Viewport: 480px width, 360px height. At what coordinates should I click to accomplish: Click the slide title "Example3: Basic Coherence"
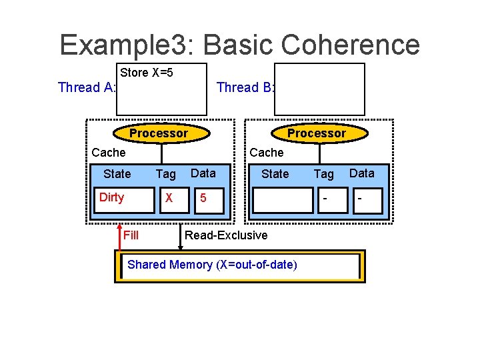pyautogui.click(x=239, y=45)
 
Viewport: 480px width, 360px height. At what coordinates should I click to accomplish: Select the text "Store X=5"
pyautogui.click(x=147, y=73)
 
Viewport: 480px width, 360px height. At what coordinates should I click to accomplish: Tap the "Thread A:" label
pyautogui.click(x=87, y=87)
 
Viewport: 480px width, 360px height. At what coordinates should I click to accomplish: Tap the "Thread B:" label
pyautogui.click(x=246, y=87)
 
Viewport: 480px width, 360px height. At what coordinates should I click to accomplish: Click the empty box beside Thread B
pyautogui.click(x=321, y=89)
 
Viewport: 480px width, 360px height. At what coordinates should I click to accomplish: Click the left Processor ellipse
pyautogui.click(x=158, y=133)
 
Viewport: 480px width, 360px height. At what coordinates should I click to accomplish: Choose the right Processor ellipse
pyautogui.click(x=316, y=133)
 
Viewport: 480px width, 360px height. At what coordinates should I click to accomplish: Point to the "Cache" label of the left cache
pyautogui.click(x=108, y=153)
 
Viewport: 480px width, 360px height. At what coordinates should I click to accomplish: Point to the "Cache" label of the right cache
pyautogui.click(x=266, y=153)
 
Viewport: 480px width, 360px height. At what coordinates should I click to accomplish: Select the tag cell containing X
pyautogui.click(x=169, y=199)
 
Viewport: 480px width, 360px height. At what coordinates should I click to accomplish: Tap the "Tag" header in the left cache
pyautogui.click(x=165, y=174)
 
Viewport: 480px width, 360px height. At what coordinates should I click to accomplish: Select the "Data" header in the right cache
pyautogui.click(x=361, y=173)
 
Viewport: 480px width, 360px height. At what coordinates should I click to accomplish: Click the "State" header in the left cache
pyautogui.click(x=117, y=174)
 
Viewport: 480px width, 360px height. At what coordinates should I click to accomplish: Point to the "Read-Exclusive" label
pyautogui.click(x=225, y=235)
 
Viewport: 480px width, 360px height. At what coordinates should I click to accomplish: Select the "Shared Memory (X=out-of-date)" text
pyautogui.click(x=212, y=265)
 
